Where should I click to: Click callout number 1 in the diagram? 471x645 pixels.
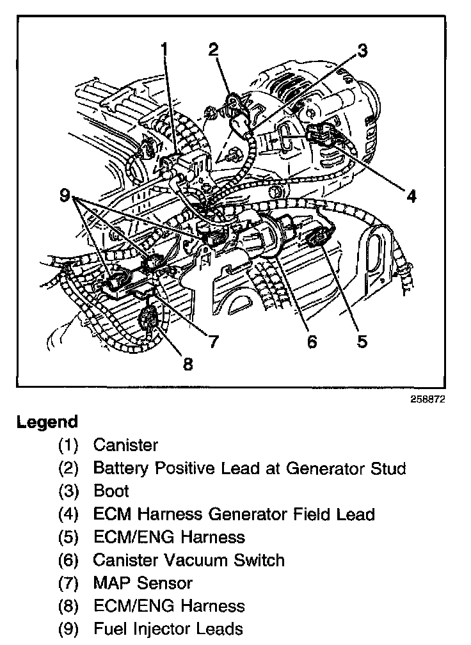click(165, 49)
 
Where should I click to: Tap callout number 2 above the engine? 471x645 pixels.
click(213, 49)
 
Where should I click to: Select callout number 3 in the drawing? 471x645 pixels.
click(363, 51)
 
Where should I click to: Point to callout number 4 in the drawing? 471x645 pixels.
click(411, 196)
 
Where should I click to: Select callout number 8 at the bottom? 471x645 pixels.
click(188, 364)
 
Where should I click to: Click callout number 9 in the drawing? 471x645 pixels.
click(65, 196)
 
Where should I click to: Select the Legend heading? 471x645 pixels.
click(47, 422)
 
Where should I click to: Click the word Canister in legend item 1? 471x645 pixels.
click(125, 445)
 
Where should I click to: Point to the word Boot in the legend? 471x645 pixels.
click(111, 491)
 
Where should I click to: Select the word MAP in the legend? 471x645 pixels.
click(111, 583)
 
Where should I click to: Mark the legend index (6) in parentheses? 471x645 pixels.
click(68, 560)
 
